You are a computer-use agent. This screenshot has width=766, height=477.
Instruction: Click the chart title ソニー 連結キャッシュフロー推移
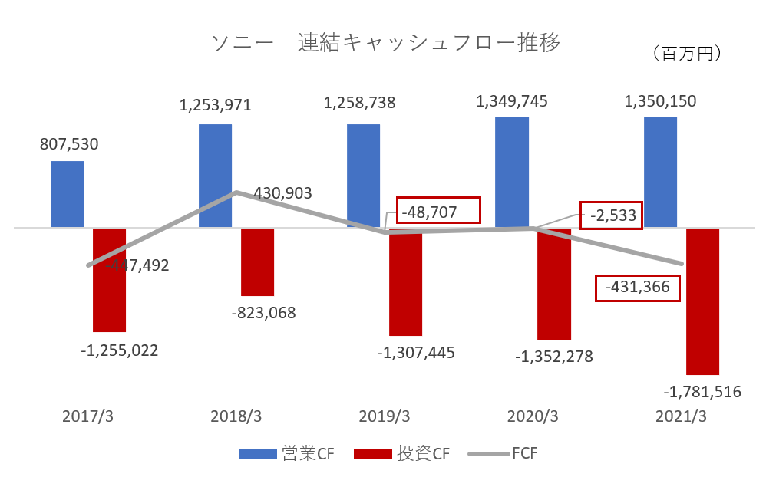point(385,42)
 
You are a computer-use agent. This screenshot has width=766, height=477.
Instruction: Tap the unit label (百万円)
point(686,53)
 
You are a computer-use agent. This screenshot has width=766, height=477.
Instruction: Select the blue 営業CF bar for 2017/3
point(67,194)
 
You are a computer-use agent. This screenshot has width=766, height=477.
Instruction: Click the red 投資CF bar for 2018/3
point(257,262)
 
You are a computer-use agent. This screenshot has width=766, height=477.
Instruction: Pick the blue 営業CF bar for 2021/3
point(660,172)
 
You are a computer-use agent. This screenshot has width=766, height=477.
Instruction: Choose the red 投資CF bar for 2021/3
point(702,301)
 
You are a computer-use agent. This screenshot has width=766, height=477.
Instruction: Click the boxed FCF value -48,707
point(438,210)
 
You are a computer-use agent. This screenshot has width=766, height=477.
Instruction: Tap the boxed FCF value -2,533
point(610,215)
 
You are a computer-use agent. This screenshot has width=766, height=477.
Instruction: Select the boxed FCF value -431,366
point(638,288)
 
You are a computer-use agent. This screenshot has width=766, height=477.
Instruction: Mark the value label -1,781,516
point(702,393)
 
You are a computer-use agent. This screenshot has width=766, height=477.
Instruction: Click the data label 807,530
point(69,143)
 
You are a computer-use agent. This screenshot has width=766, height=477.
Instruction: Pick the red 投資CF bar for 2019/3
point(405,281)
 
